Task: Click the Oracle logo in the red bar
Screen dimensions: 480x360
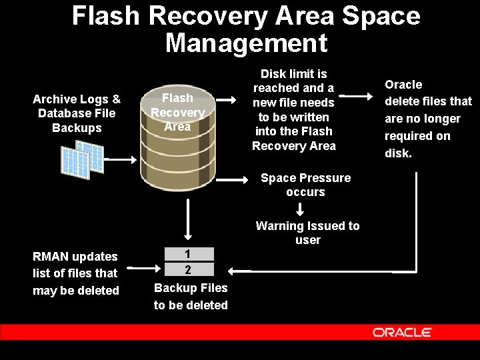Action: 401,332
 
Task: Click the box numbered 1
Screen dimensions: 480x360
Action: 189,254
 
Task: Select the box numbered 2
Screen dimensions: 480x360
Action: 189,269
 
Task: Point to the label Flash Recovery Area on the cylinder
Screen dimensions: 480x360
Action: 177,113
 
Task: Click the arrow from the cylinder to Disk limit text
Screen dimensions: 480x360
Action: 227,101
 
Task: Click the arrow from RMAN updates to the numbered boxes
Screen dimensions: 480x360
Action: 140,268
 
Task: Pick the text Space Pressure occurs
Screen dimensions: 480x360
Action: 305,185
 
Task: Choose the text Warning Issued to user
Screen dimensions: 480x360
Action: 307,233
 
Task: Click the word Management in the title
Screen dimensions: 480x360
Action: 246,43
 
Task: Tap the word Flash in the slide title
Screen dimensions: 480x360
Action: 106,15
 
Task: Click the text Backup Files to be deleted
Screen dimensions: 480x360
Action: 191,297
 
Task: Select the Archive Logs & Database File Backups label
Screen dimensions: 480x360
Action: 77,113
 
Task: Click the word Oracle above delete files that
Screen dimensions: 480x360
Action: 403,85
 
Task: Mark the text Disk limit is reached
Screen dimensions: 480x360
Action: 293,81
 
